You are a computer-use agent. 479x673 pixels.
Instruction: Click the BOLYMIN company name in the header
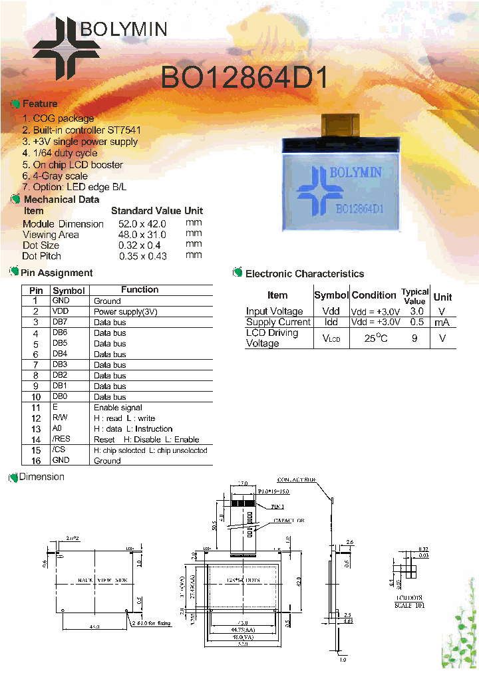pos(124,29)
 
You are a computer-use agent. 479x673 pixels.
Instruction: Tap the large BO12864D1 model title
pos(244,78)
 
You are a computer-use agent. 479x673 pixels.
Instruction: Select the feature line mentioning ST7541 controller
pos(82,130)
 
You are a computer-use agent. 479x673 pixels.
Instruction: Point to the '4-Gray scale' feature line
pos(55,176)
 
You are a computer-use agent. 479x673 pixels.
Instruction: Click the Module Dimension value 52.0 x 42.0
pos(142,224)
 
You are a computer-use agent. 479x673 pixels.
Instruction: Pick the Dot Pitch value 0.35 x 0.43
pos(143,256)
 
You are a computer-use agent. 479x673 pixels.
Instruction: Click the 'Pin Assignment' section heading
pos(57,273)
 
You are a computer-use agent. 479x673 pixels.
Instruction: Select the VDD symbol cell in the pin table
pos(61,311)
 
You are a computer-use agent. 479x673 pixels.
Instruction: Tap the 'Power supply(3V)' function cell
pos(126,311)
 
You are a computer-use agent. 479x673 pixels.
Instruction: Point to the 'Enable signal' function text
pos(118,407)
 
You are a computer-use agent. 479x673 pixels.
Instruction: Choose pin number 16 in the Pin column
pos(37,460)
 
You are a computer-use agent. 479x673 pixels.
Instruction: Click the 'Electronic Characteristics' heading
pos(305,273)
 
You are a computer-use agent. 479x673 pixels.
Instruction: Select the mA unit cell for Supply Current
pos(442,322)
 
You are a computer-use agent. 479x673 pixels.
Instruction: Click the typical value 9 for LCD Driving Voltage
pos(414,338)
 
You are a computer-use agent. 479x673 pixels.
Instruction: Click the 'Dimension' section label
pos(41,477)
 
